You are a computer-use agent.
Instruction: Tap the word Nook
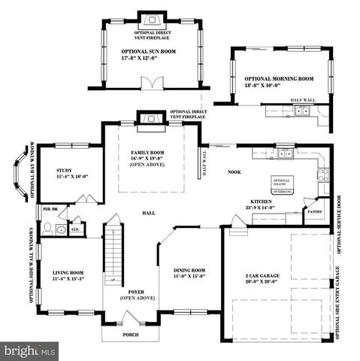pyautogui.click(x=234, y=172)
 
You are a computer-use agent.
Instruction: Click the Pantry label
pyautogui.click(x=315, y=212)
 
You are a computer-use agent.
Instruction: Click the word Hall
pyautogui.click(x=149, y=213)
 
